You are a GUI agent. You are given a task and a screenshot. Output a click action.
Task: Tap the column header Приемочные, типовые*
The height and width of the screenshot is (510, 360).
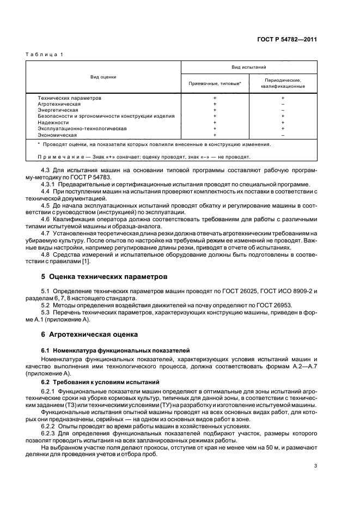pos(215,83)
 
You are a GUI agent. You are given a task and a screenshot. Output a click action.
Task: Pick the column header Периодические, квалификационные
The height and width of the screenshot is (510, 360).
pos(283,83)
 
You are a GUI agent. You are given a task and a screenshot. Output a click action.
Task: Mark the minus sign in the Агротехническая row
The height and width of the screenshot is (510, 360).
pos(283,104)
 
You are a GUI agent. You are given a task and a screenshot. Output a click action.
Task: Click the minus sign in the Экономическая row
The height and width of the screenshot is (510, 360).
pos(283,134)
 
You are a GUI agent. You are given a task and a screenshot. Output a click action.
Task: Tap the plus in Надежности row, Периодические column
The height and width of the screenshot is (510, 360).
pos(283,122)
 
